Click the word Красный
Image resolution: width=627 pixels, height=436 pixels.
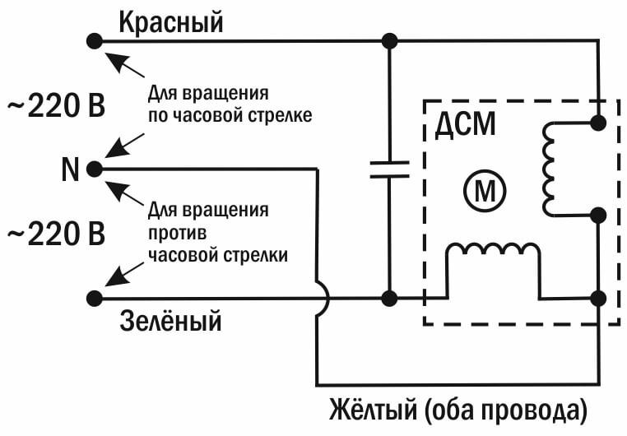pyautogui.click(x=171, y=21)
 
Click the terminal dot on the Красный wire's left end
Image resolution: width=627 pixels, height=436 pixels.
pyautogui.click(x=95, y=39)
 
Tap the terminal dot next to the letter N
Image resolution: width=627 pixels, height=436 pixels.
pyautogui.click(x=95, y=169)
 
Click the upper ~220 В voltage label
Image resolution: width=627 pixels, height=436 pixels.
pyautogui.click(x=56, y=106)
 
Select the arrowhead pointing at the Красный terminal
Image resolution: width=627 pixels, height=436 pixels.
pyautogui.click(x=112, y=57)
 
